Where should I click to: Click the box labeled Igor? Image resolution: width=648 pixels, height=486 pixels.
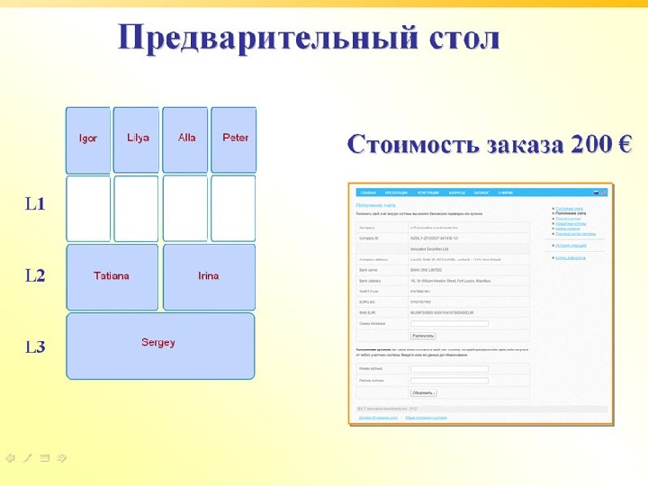88,139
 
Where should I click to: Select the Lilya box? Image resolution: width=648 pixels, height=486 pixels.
137,139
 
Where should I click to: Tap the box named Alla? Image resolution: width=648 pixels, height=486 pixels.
186,139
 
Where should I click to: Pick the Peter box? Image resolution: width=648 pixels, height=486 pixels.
234,139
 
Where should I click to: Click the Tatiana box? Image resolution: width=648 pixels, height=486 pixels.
112,276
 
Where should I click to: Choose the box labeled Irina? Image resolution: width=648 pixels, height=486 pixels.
209,276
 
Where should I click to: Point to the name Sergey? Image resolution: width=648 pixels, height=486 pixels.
158,342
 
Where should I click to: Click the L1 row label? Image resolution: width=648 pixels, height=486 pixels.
35,204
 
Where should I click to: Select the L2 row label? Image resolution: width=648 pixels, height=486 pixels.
35,276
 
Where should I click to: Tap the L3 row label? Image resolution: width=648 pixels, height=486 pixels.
35,346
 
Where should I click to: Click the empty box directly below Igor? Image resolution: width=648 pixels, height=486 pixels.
88,209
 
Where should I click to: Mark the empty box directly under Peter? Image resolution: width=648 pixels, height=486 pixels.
234,209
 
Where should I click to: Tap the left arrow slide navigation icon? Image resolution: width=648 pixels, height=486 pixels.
11,458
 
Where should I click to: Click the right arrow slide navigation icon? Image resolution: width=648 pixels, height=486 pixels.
62,458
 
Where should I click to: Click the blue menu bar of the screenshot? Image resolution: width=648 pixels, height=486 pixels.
477,193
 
